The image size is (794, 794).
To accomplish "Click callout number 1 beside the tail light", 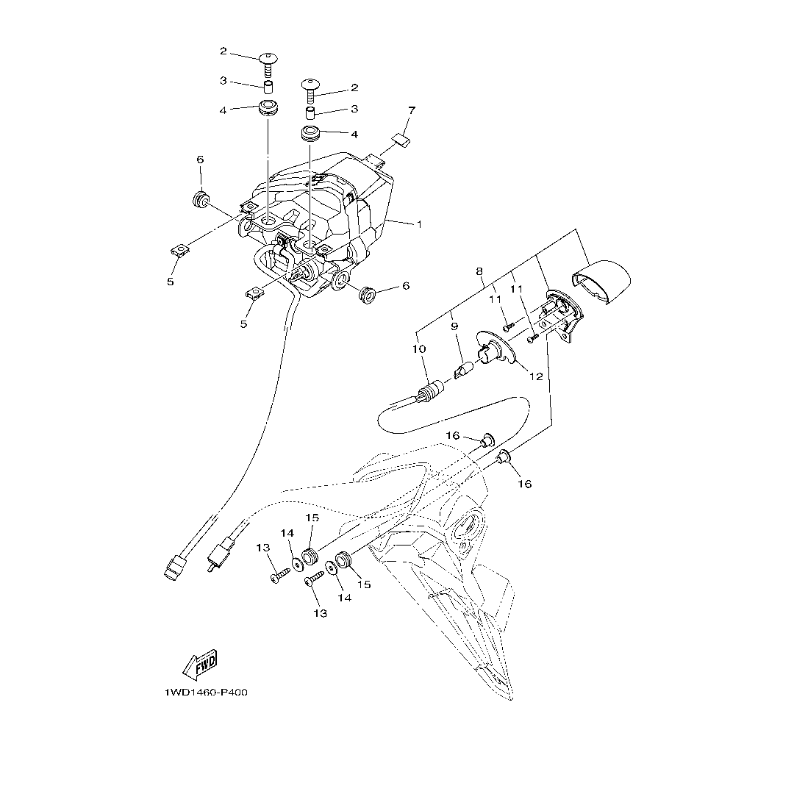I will point(419,224).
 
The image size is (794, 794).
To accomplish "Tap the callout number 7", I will point(412,111).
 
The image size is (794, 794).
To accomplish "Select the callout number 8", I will point(479,271).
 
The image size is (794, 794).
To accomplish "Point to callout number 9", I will point(454,325).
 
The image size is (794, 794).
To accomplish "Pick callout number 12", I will point(536,376).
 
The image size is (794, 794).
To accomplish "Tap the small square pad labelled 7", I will point(401,140).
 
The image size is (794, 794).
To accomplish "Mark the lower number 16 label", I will point(524,484).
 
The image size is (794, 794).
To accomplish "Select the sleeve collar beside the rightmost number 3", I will point(312,114).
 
